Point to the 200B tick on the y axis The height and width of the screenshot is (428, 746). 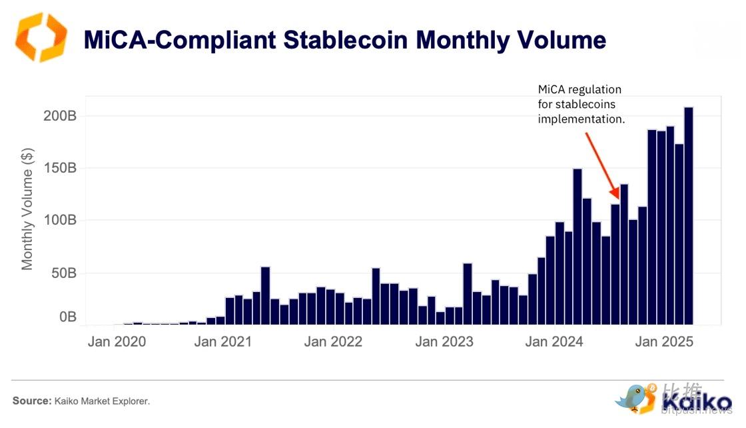point(61,116)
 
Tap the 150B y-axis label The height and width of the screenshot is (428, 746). point(61,168)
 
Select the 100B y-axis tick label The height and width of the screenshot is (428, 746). point(61,221)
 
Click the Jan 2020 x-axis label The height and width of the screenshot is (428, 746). point(117,342)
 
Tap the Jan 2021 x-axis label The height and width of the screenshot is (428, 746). point(223,342)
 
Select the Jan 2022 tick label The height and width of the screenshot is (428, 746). point(333,342)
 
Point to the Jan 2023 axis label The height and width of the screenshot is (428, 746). point(444,342)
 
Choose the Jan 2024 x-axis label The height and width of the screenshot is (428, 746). point(554,342)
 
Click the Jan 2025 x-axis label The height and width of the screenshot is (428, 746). point(665,342)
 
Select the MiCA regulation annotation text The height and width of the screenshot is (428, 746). point(581,105)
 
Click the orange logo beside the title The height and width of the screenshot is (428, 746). point(41,37)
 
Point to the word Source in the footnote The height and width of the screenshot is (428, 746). point(31,401)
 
